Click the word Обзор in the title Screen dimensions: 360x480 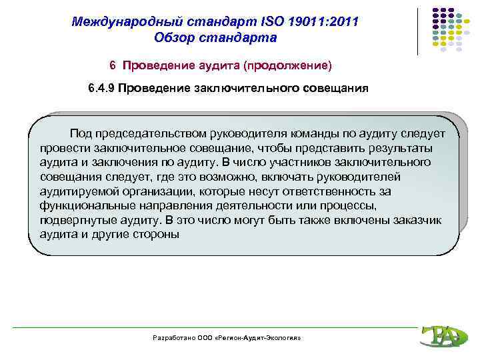click(174, 37)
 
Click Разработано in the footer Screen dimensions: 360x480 click(172, 339)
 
